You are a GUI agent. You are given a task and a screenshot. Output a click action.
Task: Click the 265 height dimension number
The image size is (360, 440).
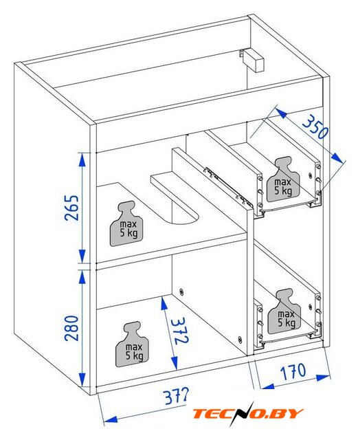tap(71, 208)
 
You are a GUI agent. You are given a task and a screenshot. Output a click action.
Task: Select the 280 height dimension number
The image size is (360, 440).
tap(71, 328)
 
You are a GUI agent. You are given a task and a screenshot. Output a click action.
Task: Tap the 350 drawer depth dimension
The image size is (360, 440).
tap(315, 127)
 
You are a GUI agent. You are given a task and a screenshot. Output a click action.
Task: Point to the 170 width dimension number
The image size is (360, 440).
tap(293, 371)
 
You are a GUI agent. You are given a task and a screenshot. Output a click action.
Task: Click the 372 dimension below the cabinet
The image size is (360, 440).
tap(175, 396)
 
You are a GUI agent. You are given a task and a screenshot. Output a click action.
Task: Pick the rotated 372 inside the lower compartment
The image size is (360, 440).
tap(179, 331)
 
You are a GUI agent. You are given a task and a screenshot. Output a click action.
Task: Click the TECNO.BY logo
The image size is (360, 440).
tap(248, 414)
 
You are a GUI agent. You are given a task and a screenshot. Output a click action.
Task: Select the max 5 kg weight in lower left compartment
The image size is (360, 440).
tap(132, 344)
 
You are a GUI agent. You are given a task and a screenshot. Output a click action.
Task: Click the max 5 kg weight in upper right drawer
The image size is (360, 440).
tap(283, 179)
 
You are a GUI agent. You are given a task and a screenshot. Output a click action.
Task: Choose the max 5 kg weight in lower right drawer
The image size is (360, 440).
tap(284, 311)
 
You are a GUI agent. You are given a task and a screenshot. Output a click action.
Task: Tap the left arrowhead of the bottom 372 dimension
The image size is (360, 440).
tap(110, 420)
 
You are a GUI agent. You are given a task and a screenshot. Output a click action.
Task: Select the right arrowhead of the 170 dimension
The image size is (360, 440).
tap(323, 377)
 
